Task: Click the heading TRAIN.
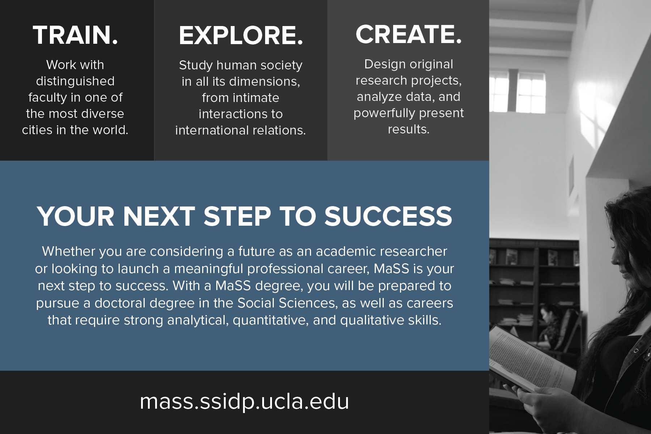point(75,35)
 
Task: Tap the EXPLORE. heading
point(241,35)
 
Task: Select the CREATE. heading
point(408,34)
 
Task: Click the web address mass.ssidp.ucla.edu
point(244,401)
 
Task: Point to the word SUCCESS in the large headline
point(388,216)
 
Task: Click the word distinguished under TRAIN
point(75,81)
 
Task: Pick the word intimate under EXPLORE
point(241,98)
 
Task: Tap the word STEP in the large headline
point(237,216)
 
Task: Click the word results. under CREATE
point(409,129)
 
